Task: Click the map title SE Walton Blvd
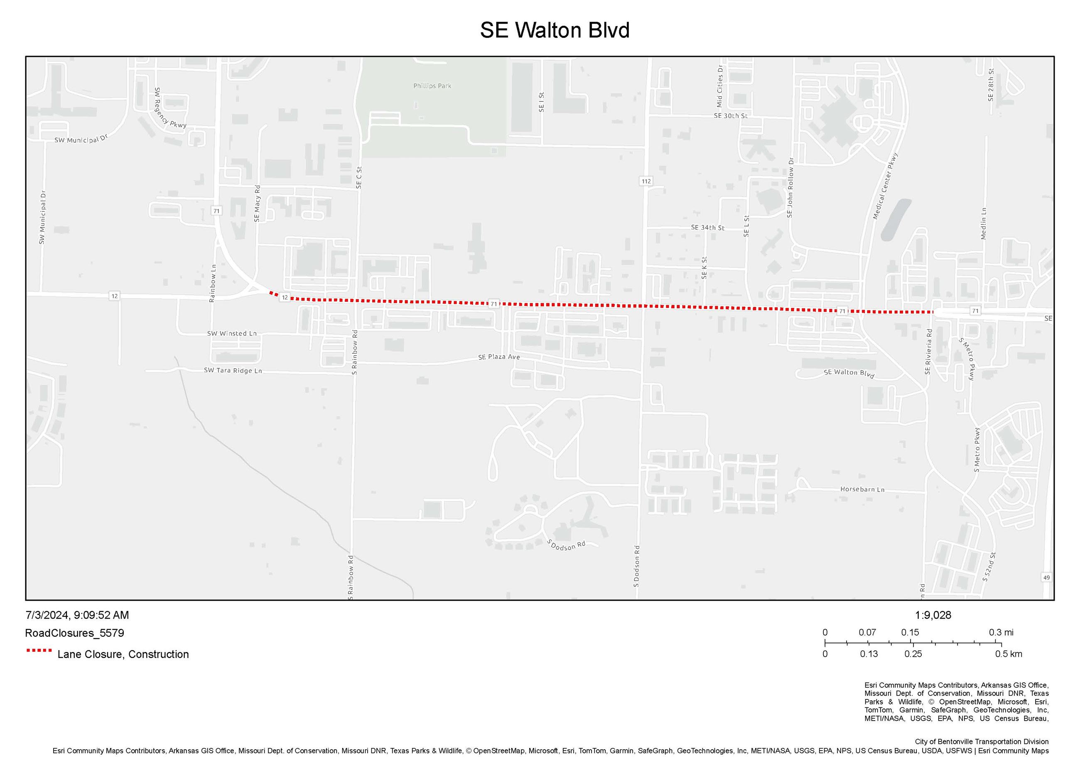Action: [x=554, y=30]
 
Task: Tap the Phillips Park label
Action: [x=432, y=86]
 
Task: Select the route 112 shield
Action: [x=646, y=181]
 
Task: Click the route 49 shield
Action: [x=1046, y=578]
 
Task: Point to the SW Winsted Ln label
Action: [x=232, y=333]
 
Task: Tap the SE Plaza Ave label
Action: [x=498, y=357]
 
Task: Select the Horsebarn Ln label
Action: [x=862, y=489]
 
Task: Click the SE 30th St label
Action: [x=730, y=116]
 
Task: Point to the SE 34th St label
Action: [x=707, y=227]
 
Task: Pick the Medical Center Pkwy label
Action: [x=885, y=186]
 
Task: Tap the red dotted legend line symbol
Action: [x=39, y=651]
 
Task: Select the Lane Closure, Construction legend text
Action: [x=123, y=654]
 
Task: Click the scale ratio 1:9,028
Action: [x=933, y=615]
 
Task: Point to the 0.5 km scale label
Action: [x=1008, y=654]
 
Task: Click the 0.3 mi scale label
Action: [x=1001, y=632]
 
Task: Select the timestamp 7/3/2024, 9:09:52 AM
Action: [x=77, y=615]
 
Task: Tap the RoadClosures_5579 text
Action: [x=74, y=633]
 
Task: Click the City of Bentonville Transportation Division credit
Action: [x=981, y=741]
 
